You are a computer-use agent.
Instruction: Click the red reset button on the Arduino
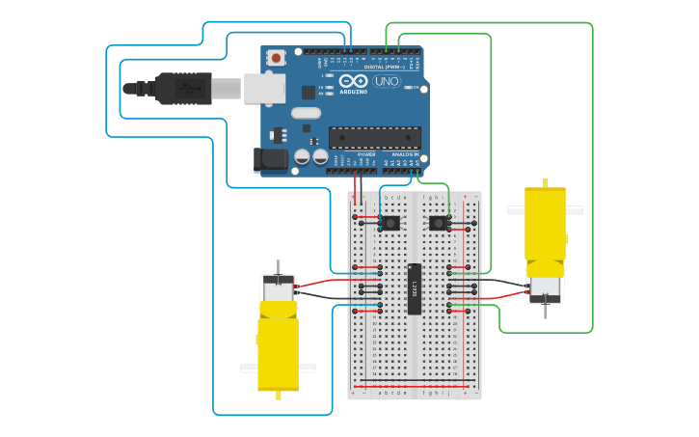(x=278, y=58)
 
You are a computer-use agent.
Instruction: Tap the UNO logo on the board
(x=386, y=83)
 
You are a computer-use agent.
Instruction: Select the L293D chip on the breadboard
(x=414, y=288)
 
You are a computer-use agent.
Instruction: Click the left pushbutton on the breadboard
(x=390, y=223)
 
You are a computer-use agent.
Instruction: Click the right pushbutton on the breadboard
(x=439, y=223)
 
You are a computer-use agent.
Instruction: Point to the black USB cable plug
(x=183, y=88)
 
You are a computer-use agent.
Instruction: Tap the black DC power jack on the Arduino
(x=271, y=160)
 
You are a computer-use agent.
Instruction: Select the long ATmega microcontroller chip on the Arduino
(x=375, y=138)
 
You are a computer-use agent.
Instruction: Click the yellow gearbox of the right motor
(x=545, y=224)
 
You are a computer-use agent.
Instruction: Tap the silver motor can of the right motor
(x=545, y=286)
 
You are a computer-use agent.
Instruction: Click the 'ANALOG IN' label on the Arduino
(x=405, y=154)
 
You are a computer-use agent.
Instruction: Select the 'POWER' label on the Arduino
(x=366, y=154)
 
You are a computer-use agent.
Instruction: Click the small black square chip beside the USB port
(x=309, y=93)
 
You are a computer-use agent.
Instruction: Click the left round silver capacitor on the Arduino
(x=302, y=155)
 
